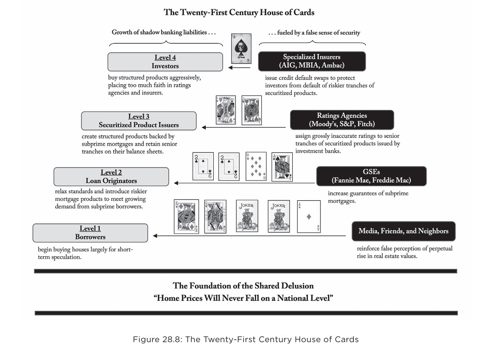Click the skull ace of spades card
(240, 48)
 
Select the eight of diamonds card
(256, 166)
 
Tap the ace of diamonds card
(309, 216)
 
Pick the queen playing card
(215, 216)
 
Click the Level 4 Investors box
(165, 62)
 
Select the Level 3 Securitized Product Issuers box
(139, 121)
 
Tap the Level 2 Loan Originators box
(111, 176)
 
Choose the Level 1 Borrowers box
(90, 233)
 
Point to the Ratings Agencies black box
(342, 120)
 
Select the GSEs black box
(371, 176)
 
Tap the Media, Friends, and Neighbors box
(403, 231)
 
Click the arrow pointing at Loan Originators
(244, 183)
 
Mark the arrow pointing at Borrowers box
(249, 235)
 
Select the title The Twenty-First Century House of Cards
(239, 12)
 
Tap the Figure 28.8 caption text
(245, 339)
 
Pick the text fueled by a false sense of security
(314, 32)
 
